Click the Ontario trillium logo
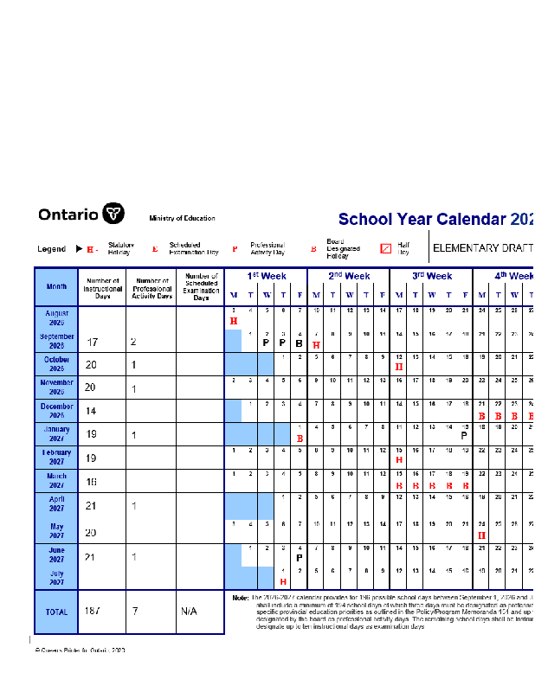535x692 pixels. pos(113,214)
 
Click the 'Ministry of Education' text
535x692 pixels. pos(182,219)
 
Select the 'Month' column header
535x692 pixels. pos(56,286)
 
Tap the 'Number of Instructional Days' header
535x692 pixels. pos(102,287)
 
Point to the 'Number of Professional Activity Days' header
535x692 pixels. pos(151,287)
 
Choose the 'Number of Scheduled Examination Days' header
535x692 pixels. pos(201,287)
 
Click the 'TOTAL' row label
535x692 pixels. pos(56,612)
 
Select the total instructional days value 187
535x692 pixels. pos(93,612)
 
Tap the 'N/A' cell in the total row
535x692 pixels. pos(189,612)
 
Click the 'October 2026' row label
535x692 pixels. pos(56,363)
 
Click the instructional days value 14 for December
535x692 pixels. pos(91,411)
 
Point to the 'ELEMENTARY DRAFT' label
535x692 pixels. pos(478,248)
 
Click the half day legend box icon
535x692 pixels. pos(386,248)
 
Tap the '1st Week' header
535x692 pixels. pos(265,276)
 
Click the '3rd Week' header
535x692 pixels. pos(431,276)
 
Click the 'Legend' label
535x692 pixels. pos(52,249)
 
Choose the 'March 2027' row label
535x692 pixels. pos(56,481)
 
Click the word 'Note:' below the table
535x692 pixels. pos(241,598)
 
